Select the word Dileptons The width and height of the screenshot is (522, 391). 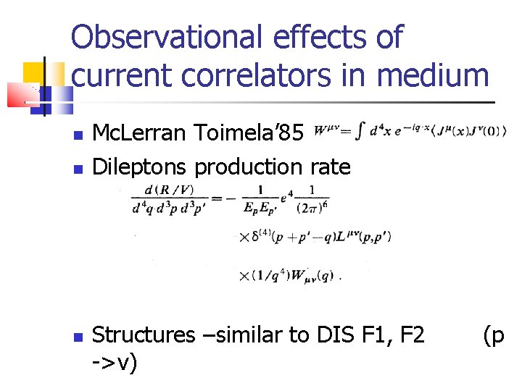[x=141, y=167]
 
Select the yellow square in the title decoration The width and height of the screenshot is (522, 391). [x=33, y=72]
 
